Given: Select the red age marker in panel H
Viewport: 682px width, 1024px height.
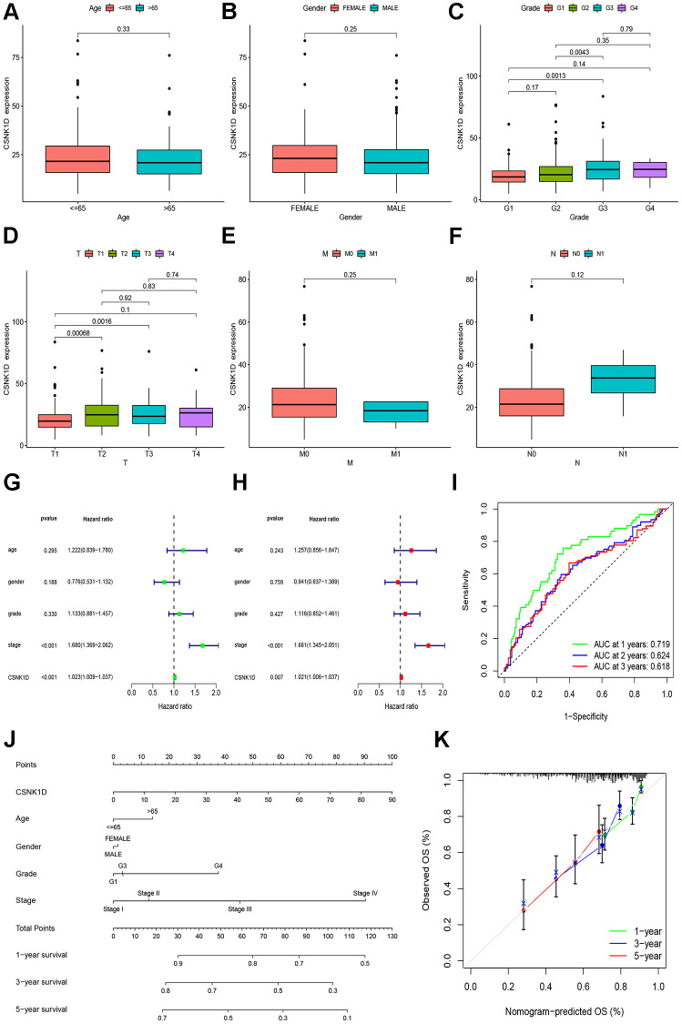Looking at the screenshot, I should pyautogui.click(x=412, y=550).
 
